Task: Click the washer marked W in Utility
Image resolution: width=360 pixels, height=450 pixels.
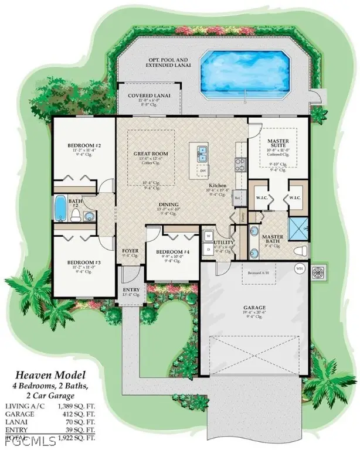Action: click(x=209, y=236)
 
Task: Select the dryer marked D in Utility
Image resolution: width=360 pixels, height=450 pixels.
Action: click(x=209, y=250)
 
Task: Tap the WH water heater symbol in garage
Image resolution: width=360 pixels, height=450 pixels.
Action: click(x=299, y=269)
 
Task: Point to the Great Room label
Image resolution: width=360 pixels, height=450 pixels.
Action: click(x=151, y=154)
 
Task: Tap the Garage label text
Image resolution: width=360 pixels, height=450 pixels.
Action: click(x=254, y=307)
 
